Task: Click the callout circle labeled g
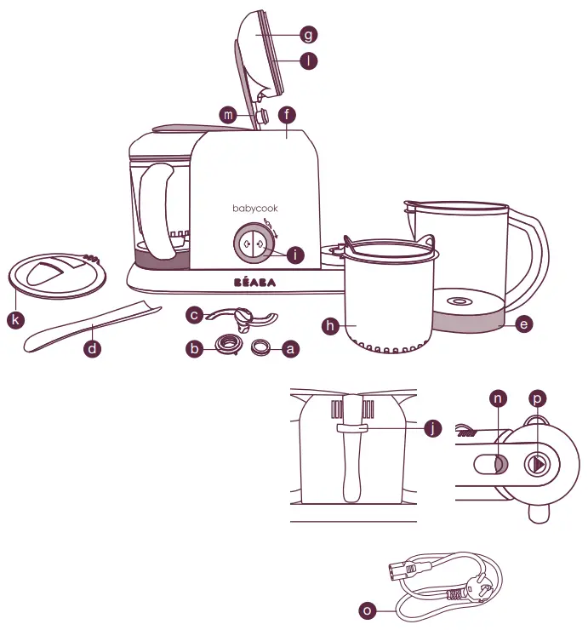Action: pos(309,35)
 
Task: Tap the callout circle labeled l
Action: pos(309,61)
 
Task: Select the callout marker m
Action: pos(227,115)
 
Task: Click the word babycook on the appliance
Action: pos(255,208)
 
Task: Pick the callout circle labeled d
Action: pos(94,348)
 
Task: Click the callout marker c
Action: pos(195,316)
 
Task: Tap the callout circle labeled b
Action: pos(195,348)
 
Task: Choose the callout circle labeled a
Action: pos(292,348)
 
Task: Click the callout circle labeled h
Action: pos(330,325)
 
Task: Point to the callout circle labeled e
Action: pos(524,324)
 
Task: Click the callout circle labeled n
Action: pos(500,398)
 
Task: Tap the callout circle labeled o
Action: pos(367,610)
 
